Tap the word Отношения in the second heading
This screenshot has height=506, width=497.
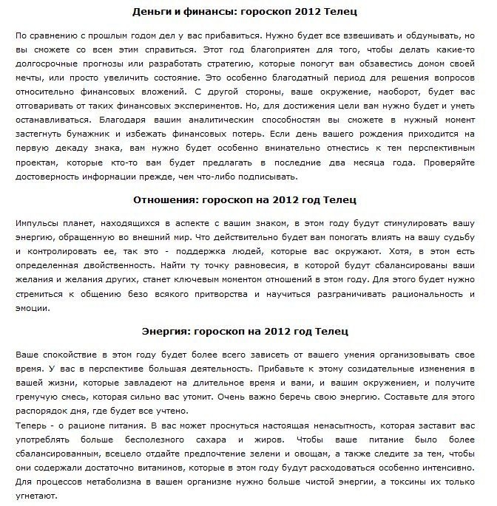[x=166, y=199]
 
